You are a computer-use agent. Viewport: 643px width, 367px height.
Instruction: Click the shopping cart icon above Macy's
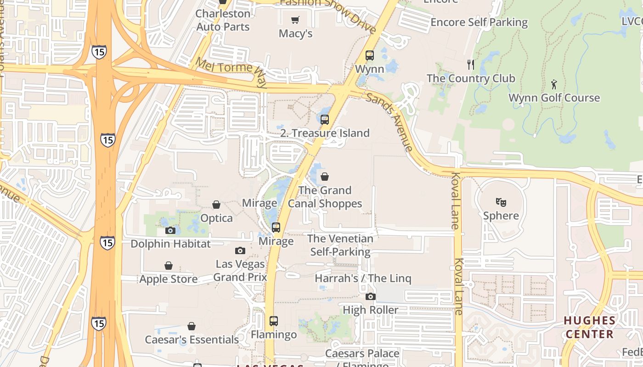[x=295, y=20]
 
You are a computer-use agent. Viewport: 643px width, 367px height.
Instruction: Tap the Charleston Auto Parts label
[x=223, y=20]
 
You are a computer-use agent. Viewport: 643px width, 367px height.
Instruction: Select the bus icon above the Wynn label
[x=370, y=56]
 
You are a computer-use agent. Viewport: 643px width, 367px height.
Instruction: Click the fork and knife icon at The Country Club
[x=470, y=64]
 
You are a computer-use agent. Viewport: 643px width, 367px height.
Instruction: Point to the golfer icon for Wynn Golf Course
[x=554, y=84]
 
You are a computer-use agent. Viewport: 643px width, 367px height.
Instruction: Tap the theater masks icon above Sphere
[x=501, y=202]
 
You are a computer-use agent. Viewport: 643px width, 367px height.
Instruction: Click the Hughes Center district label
[x=590, y=327]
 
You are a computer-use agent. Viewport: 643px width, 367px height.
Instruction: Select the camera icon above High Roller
[x=371, y=296]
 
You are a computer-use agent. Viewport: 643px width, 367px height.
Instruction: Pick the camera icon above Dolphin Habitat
[x=170, y=230]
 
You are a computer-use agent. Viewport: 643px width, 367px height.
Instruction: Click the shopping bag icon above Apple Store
[x=169, y=266]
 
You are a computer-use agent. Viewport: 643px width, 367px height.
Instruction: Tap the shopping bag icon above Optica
[x=216, y=204]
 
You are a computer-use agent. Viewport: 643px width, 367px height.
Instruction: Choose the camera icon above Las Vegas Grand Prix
[x=240, y=250]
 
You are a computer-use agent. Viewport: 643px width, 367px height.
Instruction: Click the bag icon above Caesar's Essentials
[x=192, y=326]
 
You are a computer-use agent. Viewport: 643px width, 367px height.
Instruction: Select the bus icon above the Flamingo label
[x=274, y=321]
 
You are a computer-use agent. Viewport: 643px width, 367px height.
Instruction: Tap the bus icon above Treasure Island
[x=325, y=120]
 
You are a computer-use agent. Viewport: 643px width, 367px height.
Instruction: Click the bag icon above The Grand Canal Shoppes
[x=325, y=177]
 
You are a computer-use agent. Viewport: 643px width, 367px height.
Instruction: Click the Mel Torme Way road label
[x=231, y=72]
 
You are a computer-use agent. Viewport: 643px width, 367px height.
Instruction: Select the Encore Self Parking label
[x=479, y=22]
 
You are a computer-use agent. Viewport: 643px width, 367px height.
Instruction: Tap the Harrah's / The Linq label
[x=363, y=278]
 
